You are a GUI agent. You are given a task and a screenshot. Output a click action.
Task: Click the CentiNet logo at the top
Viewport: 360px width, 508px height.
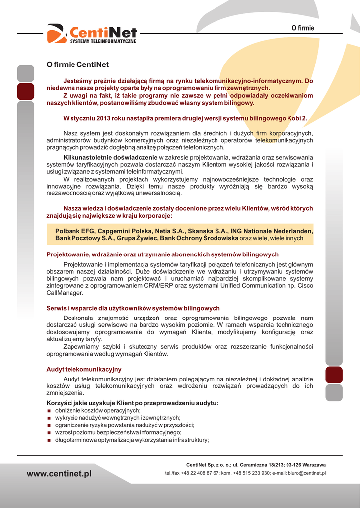point(92,33)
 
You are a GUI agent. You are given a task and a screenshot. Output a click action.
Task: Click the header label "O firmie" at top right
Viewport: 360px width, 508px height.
point(302,28)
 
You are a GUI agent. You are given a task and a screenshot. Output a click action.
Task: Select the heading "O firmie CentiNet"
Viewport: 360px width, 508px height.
point(77,64)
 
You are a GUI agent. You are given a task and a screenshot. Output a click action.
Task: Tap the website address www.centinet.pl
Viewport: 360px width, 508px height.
point(59,474)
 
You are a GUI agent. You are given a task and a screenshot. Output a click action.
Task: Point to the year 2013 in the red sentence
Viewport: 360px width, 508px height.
point(102,118)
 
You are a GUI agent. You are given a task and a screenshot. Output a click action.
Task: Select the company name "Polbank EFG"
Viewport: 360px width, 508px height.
point(74,231)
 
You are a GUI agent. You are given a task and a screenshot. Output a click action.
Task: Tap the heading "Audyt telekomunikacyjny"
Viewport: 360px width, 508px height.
point(83,369)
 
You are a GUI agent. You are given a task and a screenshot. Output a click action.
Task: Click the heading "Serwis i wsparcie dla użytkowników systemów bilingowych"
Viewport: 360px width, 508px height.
point(133,308)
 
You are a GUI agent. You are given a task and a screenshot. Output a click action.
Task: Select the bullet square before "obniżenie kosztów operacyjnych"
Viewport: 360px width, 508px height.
point(49,411)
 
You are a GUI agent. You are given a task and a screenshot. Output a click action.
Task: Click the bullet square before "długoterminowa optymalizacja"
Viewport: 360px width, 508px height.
point(49,440)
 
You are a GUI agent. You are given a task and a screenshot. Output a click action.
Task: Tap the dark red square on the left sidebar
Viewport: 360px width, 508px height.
point(25,91)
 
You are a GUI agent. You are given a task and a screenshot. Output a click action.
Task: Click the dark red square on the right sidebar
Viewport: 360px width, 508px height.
point(334,375)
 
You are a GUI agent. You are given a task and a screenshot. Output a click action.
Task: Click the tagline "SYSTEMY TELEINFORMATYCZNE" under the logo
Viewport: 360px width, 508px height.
point(102,41)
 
